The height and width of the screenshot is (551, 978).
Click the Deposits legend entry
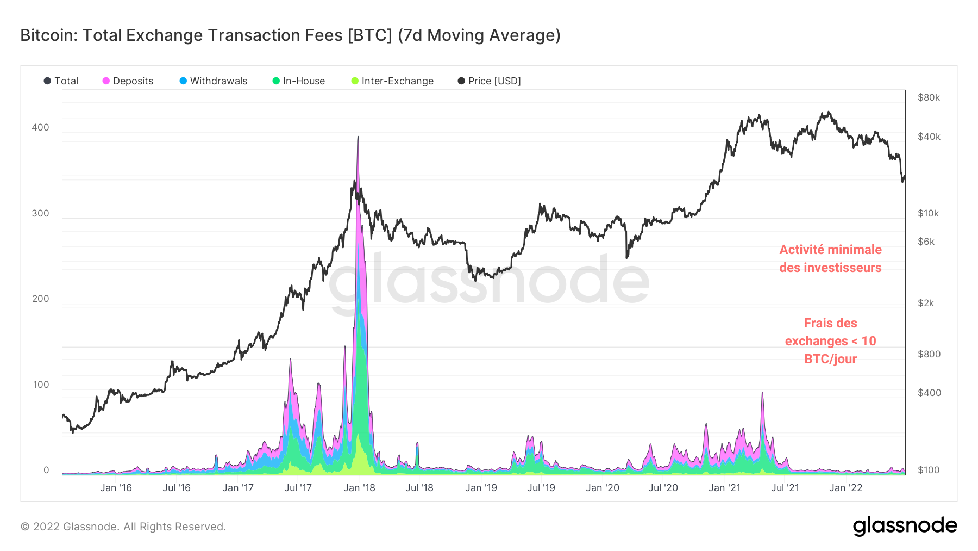coord(128,81)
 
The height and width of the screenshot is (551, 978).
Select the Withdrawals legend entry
coord(214,81)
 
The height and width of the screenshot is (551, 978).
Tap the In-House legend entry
coord(299,81)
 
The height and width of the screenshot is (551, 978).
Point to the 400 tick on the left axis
coord(40,127)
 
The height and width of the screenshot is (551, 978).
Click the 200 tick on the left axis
coord(40,299)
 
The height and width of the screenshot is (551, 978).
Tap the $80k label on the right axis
coord(929,98)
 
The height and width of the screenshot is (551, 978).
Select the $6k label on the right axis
coord(926,242)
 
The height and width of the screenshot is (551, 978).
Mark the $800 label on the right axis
coord(929,354)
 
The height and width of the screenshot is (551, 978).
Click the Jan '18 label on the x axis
coord(359,488)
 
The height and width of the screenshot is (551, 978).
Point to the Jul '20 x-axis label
coord(663,488)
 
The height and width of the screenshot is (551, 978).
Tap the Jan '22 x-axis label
coord(845,488)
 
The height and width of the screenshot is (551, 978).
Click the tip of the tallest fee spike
coord(358,137)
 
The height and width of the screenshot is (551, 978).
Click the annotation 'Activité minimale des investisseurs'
coord(830,258)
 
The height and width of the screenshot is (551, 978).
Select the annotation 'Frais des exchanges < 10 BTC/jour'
coord(830,341)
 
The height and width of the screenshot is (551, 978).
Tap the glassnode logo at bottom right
coord(905,526)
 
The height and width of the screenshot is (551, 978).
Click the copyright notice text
coord(123,527)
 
